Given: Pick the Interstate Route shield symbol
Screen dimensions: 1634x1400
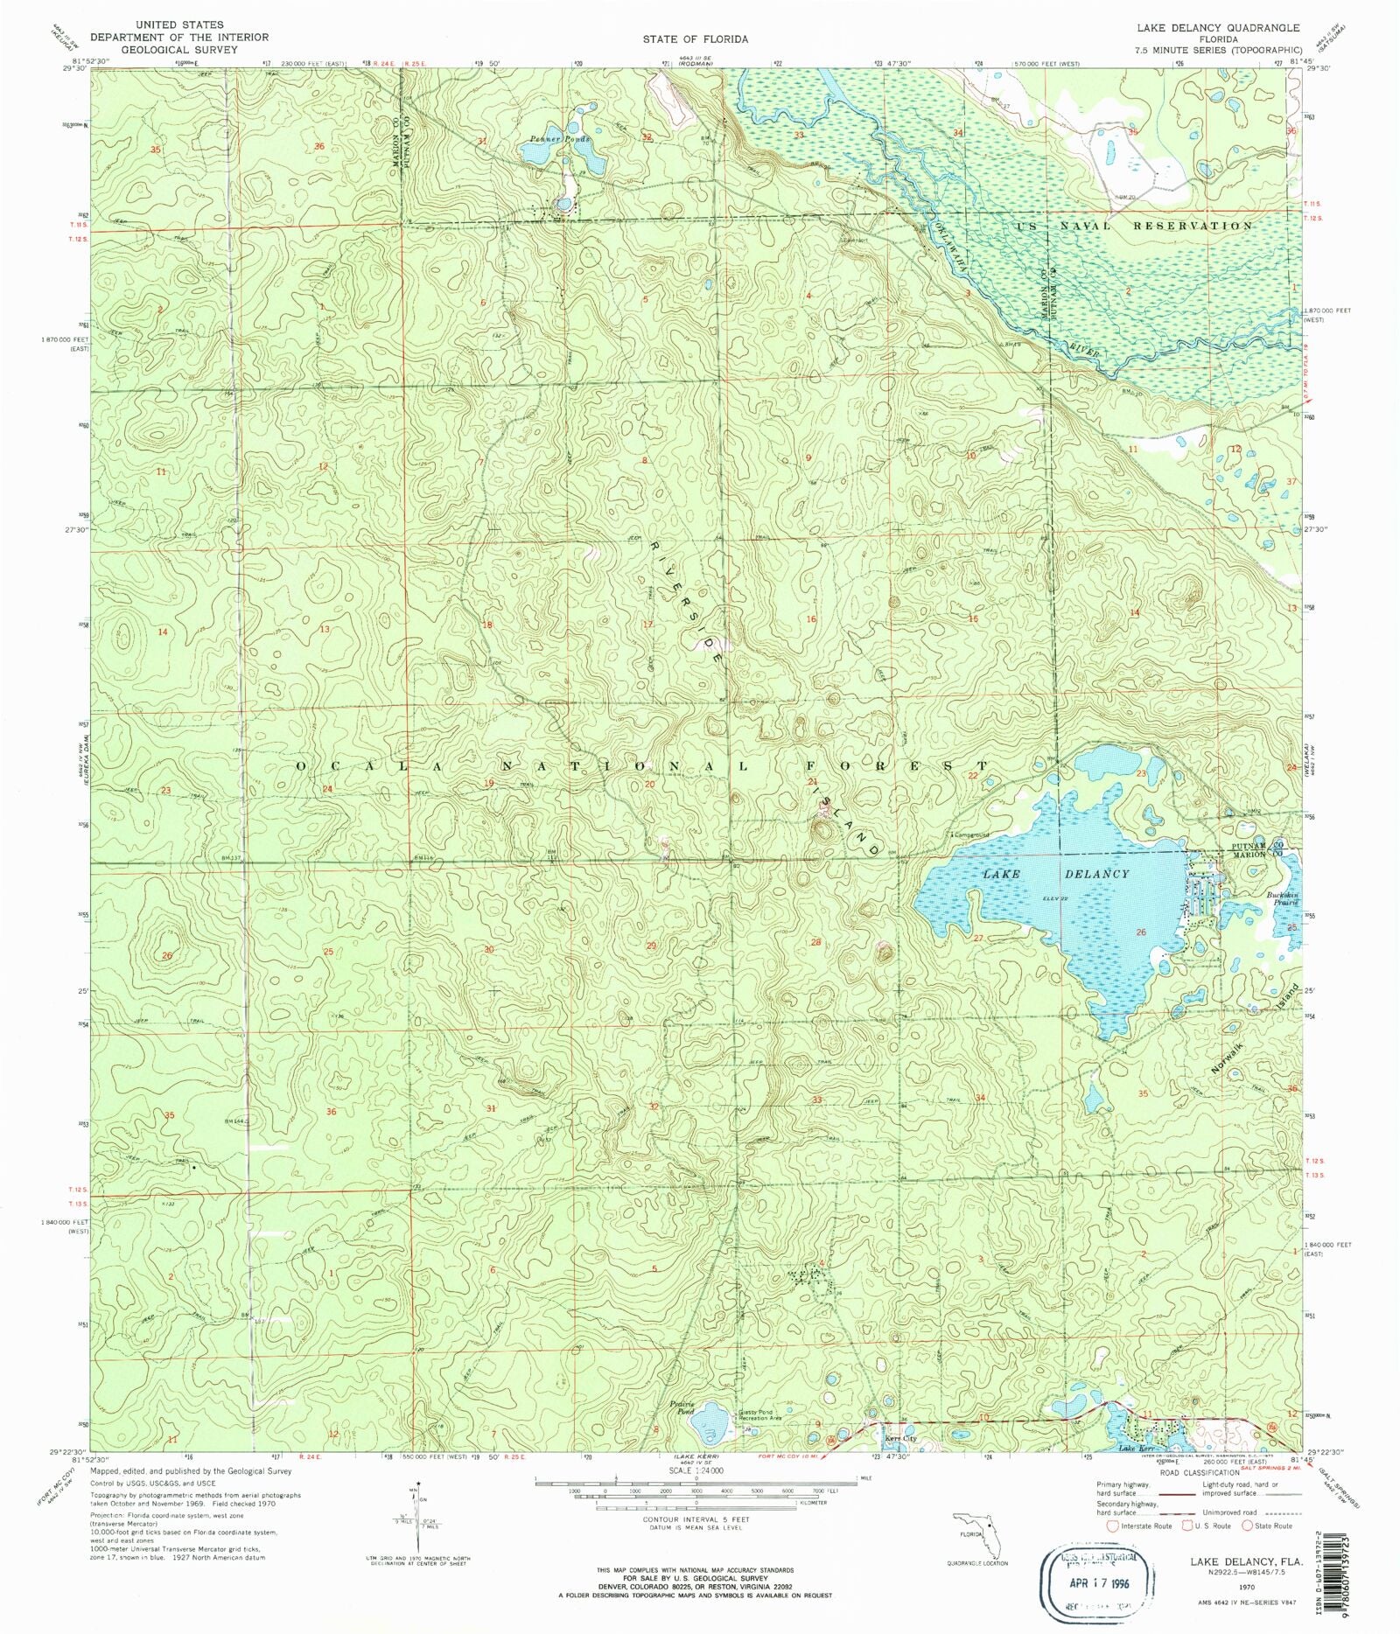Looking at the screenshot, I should (x=1113, y=1526).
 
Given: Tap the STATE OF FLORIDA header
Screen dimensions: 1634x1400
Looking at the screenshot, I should (x=695, y=39).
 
